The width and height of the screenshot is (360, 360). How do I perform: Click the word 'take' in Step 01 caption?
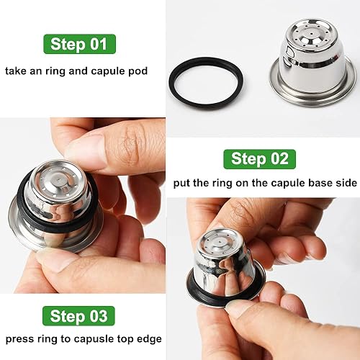[18, 71]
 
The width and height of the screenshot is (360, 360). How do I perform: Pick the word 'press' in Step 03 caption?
[22, 338]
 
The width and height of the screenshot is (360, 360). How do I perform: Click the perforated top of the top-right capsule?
[312, 35]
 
